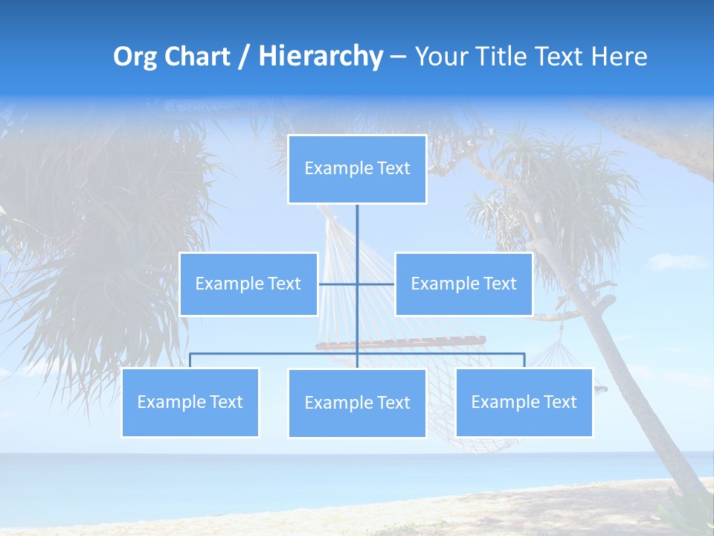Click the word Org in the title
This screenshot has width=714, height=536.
point(136,57)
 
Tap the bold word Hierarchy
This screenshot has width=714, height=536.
point(321,57)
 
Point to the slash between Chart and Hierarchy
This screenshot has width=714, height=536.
point(244,57)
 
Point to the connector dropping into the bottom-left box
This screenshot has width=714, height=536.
point(190,360)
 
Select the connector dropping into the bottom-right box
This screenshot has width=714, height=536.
point(524,360)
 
